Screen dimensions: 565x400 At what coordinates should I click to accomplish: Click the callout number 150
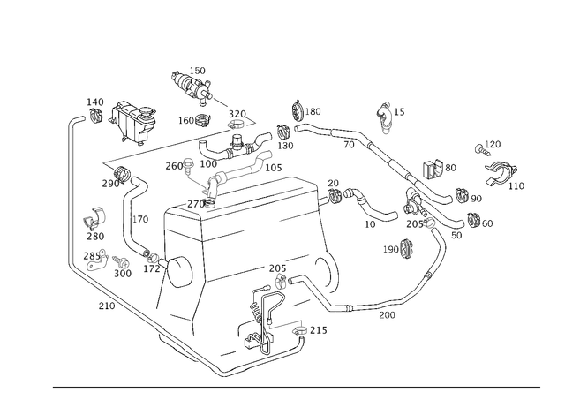197,71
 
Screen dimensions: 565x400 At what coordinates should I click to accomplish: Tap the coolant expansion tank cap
147,112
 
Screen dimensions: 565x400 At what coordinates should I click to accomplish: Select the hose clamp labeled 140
96,114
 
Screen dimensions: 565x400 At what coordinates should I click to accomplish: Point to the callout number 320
237,114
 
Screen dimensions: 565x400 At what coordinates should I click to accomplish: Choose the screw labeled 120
482,150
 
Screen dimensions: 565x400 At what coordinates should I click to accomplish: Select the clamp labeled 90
462,196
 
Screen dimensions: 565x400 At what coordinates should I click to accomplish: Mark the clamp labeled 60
473,220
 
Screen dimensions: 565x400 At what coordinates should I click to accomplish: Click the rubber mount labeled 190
406,249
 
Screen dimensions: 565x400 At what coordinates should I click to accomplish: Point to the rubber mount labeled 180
298,110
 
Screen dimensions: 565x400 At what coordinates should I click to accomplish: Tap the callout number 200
387,315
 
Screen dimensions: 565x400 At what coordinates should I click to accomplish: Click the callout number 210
107,306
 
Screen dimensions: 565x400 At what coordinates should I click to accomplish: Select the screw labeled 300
118,260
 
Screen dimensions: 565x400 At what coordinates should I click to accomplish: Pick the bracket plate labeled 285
98,260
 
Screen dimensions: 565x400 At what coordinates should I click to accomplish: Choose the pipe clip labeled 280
94,218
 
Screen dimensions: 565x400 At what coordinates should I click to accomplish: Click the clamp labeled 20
334,195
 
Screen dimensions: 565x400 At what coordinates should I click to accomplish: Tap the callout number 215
319,330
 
